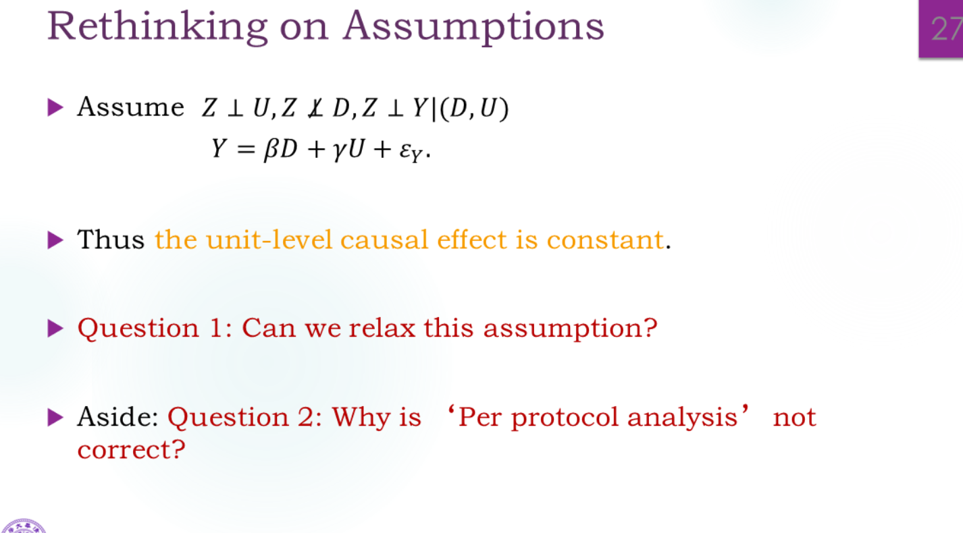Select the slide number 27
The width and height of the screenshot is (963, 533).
pos(947,29)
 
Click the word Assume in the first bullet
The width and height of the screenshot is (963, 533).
pos(131,107)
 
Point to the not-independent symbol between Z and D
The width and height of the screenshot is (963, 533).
pos(315,108)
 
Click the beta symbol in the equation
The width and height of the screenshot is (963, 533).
pos(271,150)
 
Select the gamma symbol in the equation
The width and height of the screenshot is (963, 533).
pos(339,151)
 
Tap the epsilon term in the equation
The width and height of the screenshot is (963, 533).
pos(411,152)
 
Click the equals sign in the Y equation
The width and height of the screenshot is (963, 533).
pos(246,150)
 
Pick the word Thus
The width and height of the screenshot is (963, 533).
pos(111,240)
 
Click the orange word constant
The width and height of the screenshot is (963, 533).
pos(605,240)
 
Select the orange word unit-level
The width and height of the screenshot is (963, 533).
pos(269,240)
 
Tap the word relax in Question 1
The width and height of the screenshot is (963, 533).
pos(382,328)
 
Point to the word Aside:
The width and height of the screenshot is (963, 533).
pos(118,416)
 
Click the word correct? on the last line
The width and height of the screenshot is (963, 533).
pos(131,450)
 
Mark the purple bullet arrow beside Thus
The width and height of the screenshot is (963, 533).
pos(55,240)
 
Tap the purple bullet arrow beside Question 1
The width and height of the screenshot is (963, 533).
pos(55,329)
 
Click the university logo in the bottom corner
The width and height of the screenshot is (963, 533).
pos(24,526)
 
